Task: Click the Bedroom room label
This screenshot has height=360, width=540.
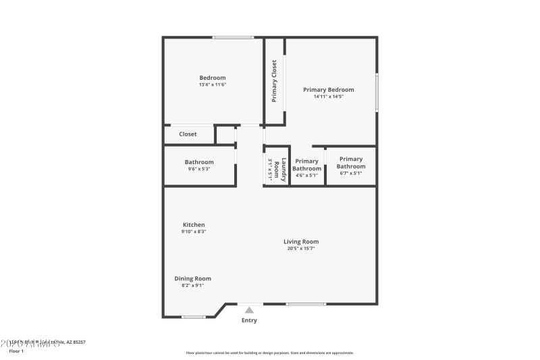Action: pos(212,78)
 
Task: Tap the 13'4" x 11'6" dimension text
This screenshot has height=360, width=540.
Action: pos(212,85)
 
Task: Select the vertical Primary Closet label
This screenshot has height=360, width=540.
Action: pos(274,81)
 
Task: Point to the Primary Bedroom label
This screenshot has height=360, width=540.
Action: pos(328,89)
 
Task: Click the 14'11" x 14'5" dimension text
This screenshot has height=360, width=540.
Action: pos(328,97)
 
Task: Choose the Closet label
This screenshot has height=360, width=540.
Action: pos(188,134)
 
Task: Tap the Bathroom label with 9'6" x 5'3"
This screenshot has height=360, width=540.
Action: pos(199,162)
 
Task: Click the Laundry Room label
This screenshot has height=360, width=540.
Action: pos(284,169)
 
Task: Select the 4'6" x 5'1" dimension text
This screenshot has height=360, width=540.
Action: pos(306,175)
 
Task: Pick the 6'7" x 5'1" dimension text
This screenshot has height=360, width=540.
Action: pos(351,174)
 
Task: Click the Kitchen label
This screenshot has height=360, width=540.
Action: pos(194,225)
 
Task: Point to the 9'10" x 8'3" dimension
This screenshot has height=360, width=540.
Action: pos(194,232)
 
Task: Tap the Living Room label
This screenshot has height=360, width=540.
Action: pos(301,242)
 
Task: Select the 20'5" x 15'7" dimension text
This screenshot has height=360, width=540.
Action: pos(301,249)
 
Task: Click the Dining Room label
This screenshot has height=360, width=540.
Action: pos(193,278)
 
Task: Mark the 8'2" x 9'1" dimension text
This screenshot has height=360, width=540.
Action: pos(193,285)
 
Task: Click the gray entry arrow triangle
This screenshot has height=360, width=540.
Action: pos(249,310)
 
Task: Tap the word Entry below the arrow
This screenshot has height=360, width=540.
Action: pos(249,320)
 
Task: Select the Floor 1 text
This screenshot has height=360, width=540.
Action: pos(16,351)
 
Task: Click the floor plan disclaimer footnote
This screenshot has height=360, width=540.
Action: pos(270,353)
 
